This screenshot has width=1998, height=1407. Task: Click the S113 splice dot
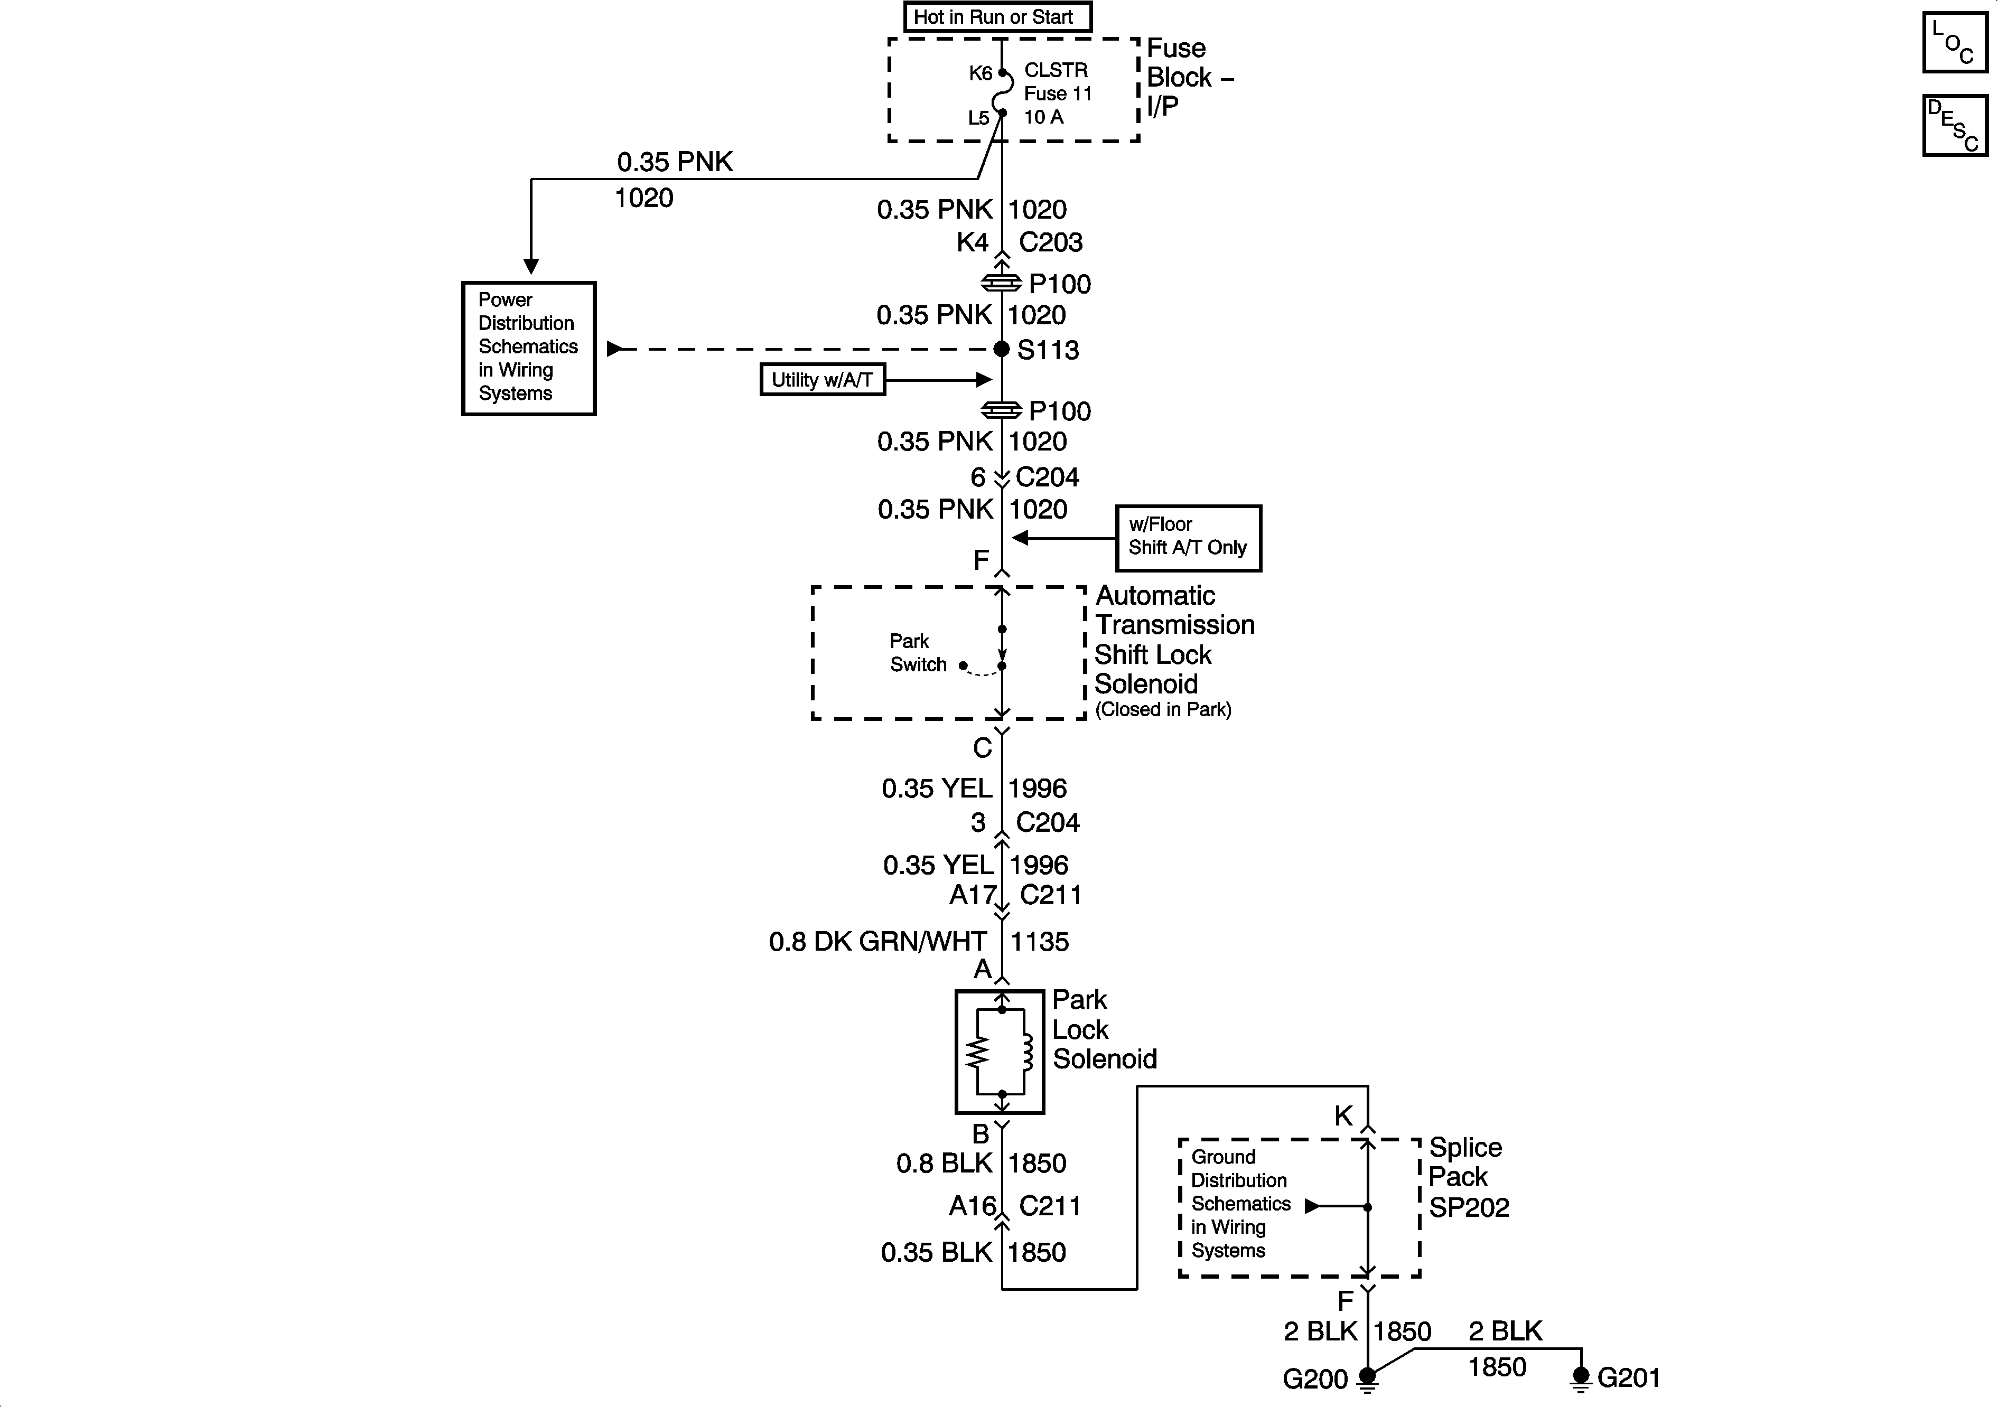click(1002, 349)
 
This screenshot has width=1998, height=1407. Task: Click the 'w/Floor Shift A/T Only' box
click(1188, 537)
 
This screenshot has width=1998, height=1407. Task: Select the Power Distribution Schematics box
click(528, 347)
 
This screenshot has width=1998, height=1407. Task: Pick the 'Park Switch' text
click(917, 653)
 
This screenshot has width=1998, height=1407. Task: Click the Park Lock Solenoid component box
click(999, 1051)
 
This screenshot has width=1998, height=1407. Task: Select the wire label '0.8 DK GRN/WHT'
click(877, 942)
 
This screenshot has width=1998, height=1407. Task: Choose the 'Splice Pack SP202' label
click(1468, 1176)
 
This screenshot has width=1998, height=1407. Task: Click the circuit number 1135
click(1039, 942)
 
